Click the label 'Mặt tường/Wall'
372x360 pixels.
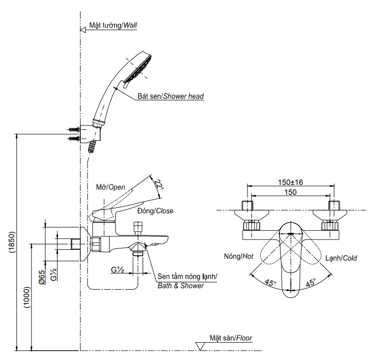point(113,25)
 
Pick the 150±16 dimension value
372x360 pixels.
point(290,182)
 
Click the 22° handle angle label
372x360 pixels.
point(157,186)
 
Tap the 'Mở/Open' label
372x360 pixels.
point(111,187)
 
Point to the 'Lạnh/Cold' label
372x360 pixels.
point(341,258)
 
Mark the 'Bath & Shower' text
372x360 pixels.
point(181,285)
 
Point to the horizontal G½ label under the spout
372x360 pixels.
point(118,270)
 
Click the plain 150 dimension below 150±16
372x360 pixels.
point(290,192)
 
